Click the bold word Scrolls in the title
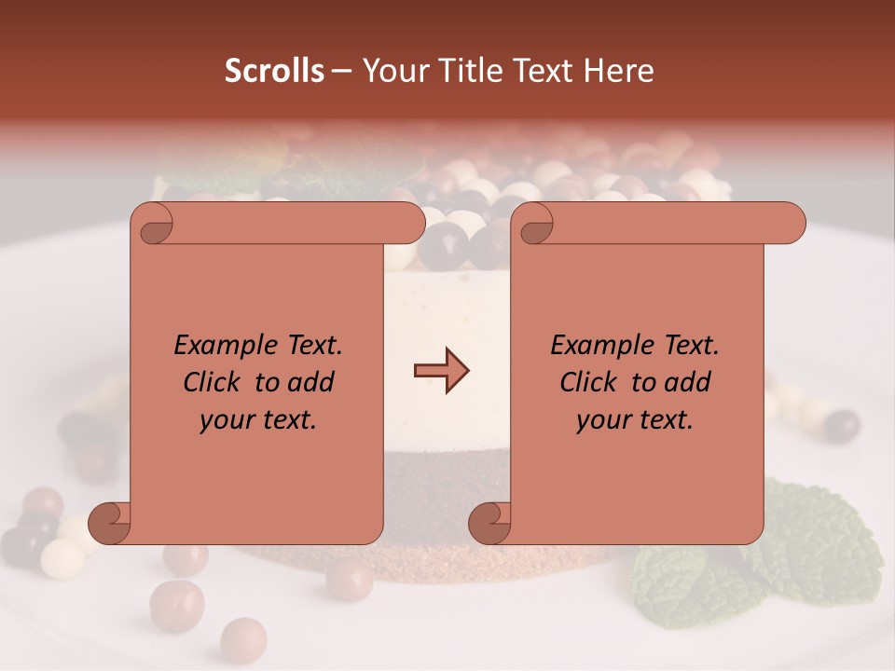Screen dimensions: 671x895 tap(274, 71)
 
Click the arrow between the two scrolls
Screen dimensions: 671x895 tap(441, 371)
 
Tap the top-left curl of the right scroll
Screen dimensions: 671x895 tap(533, 225)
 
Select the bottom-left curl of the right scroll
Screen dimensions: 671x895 tap(491, 524)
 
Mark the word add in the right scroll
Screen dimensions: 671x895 tap(691, 383)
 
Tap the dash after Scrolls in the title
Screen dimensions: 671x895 tap(341, 71)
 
